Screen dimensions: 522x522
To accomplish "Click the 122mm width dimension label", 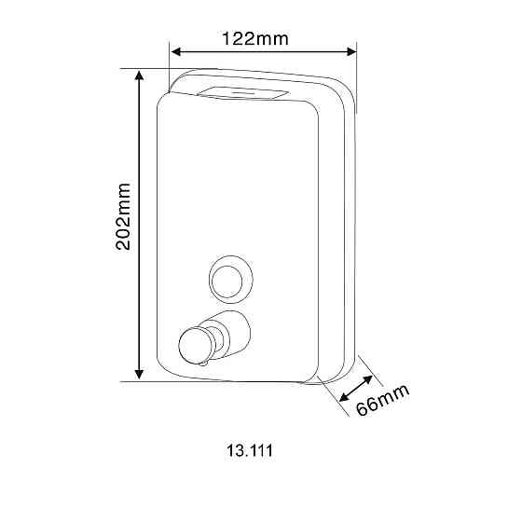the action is pos(255,38).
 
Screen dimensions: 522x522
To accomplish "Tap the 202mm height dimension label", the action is pos(123,216).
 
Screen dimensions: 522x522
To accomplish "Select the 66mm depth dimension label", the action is pos(382,400).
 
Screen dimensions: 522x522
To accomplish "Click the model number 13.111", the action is pos(250,451).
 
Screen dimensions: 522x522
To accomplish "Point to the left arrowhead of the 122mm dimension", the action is pos(176,52).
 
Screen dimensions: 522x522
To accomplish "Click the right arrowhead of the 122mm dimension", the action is pos(351,52).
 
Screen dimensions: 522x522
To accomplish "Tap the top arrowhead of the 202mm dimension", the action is pos(139,76).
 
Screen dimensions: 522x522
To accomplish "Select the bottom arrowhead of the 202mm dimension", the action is pos(139,374).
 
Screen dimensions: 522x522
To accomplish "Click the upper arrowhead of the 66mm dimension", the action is pos(368,380).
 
